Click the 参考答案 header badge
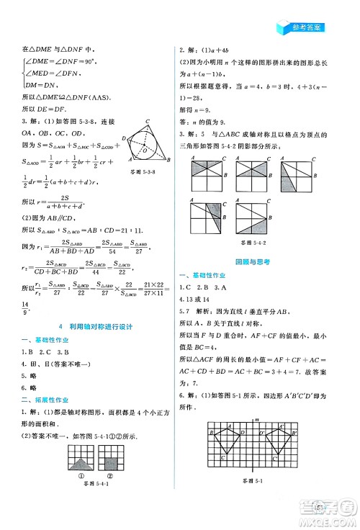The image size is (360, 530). (301, 28)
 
